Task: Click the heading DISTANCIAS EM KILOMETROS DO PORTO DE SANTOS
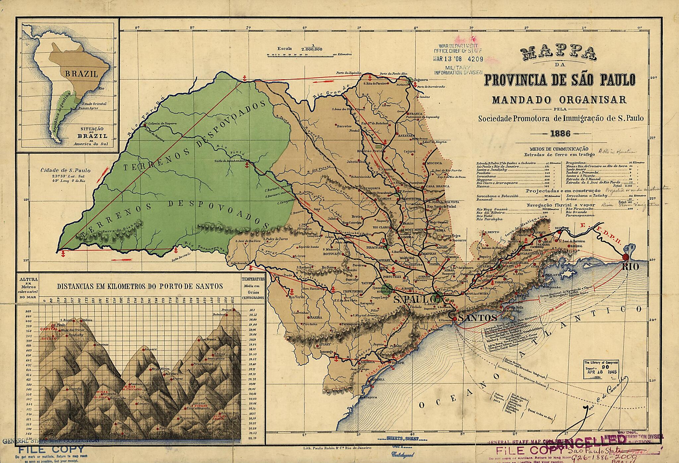click(140, 286)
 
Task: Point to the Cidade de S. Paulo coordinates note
click(65, 176)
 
